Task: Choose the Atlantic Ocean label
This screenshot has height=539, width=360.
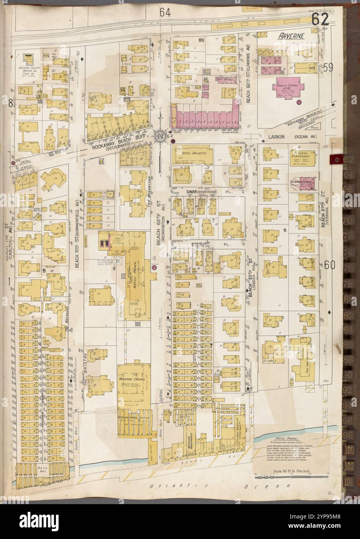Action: coord(220,485)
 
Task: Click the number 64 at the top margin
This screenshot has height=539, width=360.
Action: coord(164,13)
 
